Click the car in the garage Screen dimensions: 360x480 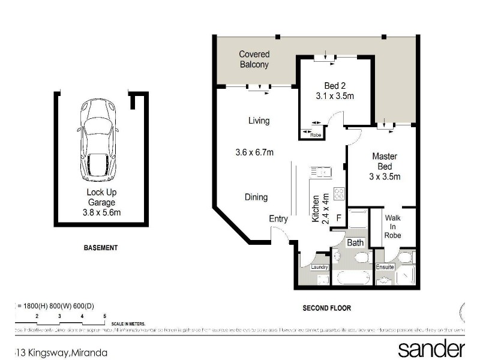click(x=98, y=140)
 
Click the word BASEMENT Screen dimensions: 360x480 click(x=100, y=247)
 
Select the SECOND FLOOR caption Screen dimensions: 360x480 click(x=326, y=308)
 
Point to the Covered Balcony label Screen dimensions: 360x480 click(x=254, y=59)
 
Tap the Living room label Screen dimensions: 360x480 click(x=259, y=121)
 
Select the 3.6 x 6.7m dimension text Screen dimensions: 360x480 click(x=254, y=152)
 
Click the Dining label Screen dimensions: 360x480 click(x=256, y=197)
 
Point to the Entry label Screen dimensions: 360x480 click(x=278, y=219)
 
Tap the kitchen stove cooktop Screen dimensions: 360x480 click(x=339, y=194)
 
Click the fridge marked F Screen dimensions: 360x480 click(x=338, y=218)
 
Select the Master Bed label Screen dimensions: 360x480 click(x=384, y=161)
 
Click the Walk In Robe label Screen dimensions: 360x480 click(x=393, y=227)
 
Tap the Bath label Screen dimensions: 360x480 click(x=355, y=243)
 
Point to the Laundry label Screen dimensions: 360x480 click(x=318, y=267)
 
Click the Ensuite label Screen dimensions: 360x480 click(x=385, y=267)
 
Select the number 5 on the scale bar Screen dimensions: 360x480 click(x=104, y=315)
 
